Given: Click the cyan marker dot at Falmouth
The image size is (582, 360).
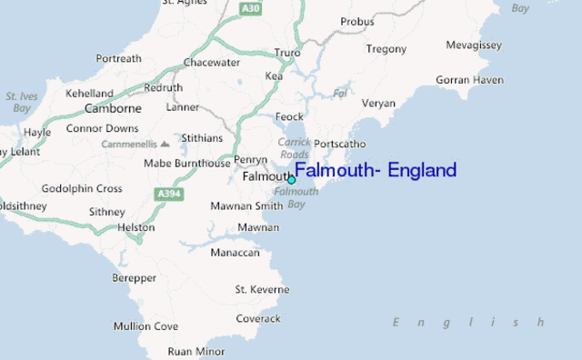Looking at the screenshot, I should click(x=292, y=180).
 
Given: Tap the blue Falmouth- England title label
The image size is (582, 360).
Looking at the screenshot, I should click(x=376, y=171).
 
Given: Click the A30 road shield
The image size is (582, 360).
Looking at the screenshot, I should click(x=251, y=8).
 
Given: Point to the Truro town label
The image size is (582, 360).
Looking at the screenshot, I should click(x=287, y=53).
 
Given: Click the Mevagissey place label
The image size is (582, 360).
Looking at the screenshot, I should click(x=474, y=45).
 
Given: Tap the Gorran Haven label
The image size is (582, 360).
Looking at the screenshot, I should click(x=469, y=80).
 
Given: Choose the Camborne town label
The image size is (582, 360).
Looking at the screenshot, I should click(x=113, y=108).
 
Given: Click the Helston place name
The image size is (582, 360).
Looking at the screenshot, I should click(x=136, y=226).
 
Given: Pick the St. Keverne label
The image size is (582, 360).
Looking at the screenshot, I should click(x=262, y=289).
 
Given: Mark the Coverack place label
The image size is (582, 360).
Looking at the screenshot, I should click(x=258, y=318).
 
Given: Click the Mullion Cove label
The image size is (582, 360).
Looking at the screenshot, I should click(x=145, y=325).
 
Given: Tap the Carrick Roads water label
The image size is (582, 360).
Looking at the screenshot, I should click(x=294, y=148).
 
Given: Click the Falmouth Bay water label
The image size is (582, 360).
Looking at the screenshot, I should click(x=296, y=197).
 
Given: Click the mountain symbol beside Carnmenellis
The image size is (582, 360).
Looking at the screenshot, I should click(x=165, y=144).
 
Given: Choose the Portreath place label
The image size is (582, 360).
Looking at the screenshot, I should click(x=119, y=59).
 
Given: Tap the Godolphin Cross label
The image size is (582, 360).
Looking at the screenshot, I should click(x=82, y=188).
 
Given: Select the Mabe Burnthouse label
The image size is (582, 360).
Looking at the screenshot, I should click(x=187, y=164).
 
